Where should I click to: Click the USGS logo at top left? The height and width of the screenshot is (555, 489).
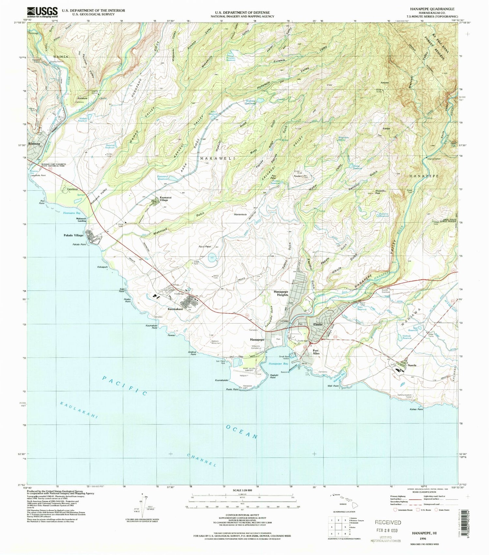42,12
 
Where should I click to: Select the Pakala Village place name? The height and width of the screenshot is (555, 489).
73,235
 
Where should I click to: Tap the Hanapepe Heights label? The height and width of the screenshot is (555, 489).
281,293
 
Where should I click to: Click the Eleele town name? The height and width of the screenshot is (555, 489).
318,325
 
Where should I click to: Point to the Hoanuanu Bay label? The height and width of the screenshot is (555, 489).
72,212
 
